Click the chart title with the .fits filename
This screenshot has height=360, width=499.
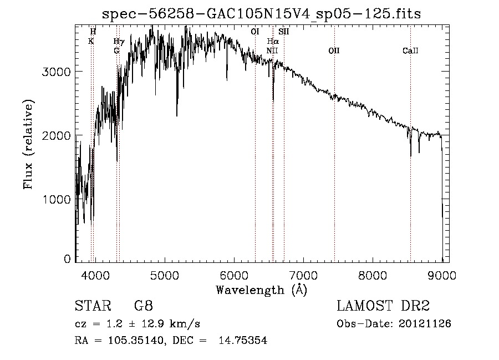tap(262, 14)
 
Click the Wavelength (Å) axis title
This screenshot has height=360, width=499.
tap(261, 290)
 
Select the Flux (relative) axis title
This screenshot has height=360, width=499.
tap(28, 144)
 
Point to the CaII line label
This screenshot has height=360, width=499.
tap(410, 51)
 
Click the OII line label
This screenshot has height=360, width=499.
tap(334, 51)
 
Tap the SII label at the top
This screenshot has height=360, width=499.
tap(284, 32)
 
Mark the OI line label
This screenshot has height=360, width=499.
tap(255, 32)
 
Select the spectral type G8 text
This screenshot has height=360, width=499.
tap(143, 306)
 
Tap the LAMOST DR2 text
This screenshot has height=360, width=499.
tap(383, 306)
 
